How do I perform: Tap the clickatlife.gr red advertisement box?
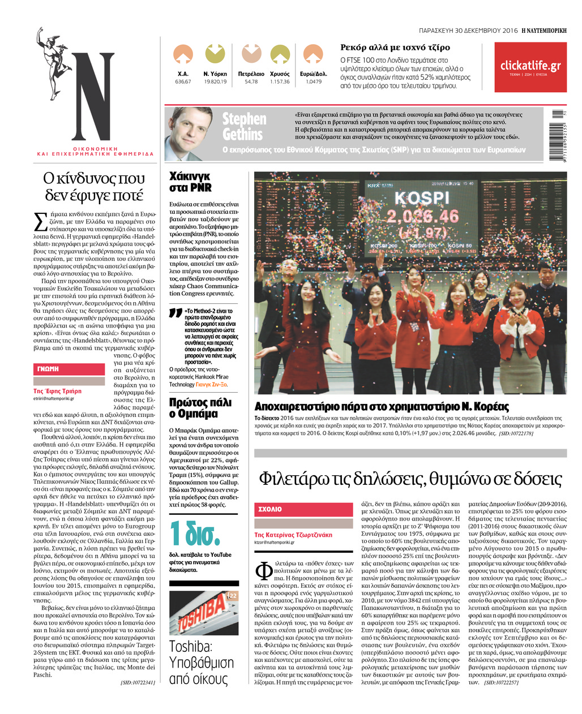coord(530,67)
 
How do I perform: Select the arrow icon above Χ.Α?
coord(183,55)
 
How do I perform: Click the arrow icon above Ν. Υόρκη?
coord(215,54)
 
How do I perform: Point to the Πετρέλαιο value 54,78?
coord(251,82)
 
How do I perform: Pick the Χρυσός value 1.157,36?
coord(280,82)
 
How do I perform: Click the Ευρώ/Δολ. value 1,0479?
coord(313,82)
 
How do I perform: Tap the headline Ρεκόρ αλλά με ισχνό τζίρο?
coord(395,48)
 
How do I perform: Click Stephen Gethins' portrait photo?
coord(189,133)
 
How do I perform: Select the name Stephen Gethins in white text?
coord(244,127)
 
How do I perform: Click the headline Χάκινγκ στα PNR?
coord(191,182)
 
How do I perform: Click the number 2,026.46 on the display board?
coord(422,217)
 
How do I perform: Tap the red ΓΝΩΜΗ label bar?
coord(69,369)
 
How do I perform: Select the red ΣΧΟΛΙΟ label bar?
coord(303,509)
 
